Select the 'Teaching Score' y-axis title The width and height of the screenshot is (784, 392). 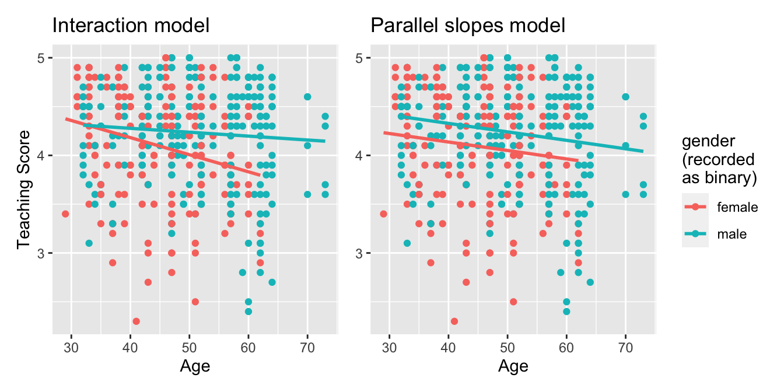click(23, 189)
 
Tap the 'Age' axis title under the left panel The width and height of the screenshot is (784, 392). click(195, 366)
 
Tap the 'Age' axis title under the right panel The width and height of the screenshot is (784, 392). click(513, 366)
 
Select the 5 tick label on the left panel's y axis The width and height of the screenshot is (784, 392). click(42, 58)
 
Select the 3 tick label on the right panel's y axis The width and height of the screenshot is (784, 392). click(360, 253)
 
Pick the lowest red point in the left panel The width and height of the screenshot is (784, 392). click(136, 321)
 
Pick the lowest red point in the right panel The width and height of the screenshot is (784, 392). click(454, 321)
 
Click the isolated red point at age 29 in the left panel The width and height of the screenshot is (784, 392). click(65, 214)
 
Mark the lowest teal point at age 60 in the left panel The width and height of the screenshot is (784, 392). click(249, 311)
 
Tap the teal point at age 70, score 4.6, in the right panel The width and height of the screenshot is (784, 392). click(625, 97)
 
